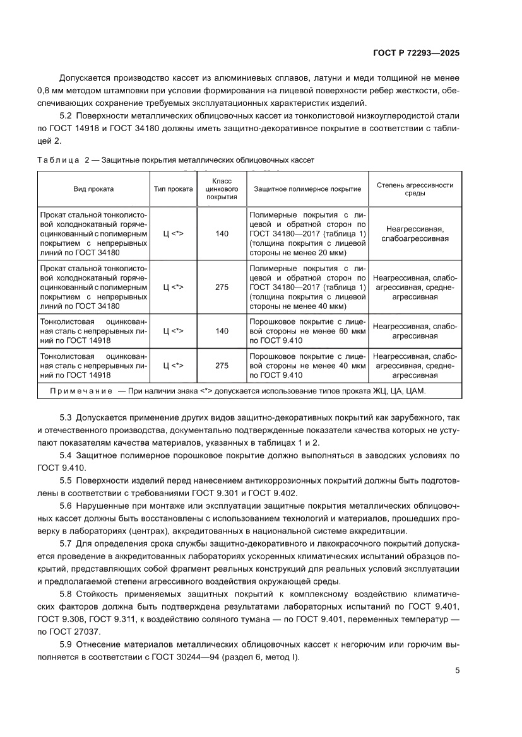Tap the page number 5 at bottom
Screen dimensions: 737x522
[457, 671]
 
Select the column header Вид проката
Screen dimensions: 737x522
[93, 189]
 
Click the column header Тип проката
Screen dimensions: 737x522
[173, 189]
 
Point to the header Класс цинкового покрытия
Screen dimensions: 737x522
[222, 189]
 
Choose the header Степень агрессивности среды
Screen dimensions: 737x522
[415, 189]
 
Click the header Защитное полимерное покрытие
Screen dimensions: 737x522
[307, 189]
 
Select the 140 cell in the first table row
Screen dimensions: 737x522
[222, 234]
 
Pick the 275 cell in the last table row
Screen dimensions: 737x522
[222, 365]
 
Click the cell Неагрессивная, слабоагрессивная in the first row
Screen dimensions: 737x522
[415, 234]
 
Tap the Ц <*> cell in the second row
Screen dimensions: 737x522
[173, 287]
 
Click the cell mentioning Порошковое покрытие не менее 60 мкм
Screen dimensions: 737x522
[307, 331]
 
